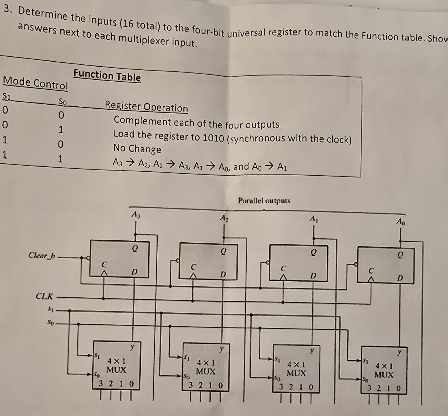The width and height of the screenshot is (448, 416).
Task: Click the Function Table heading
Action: coord(107,75)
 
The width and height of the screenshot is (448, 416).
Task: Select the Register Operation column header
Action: coord(147,107)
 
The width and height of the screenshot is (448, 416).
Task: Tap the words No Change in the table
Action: coord(137,149)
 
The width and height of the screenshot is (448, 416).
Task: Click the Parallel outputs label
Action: coord(264,201)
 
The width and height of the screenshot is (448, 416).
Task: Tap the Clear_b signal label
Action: coord(42,255)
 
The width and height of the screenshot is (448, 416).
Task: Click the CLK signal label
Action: coord(44,296)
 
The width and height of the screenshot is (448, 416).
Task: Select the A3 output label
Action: coord(135,215)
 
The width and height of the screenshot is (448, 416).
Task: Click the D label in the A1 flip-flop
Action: coord(313,276)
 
